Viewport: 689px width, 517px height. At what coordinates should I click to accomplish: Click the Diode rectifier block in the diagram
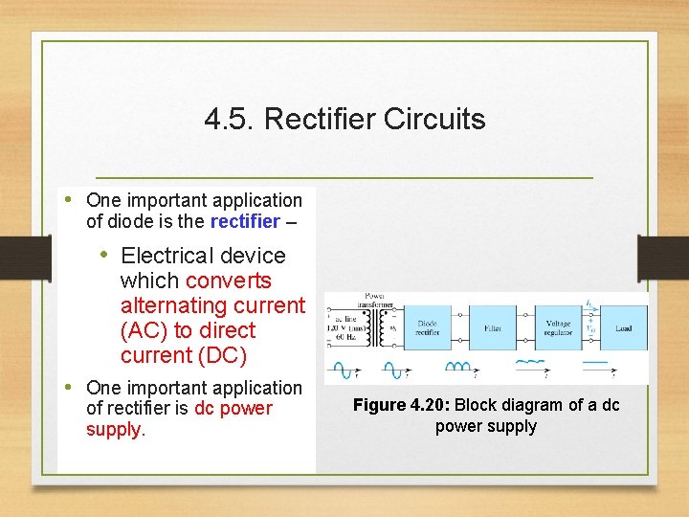428,327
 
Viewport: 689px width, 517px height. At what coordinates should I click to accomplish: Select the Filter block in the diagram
493,327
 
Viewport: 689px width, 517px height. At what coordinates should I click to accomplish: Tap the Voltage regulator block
558,327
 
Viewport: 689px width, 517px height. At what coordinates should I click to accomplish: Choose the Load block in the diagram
623,327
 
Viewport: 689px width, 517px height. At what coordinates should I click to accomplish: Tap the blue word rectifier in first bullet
245,222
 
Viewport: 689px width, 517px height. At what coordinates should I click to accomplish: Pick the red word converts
229,281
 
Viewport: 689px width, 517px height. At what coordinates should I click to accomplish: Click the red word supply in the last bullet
113,429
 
